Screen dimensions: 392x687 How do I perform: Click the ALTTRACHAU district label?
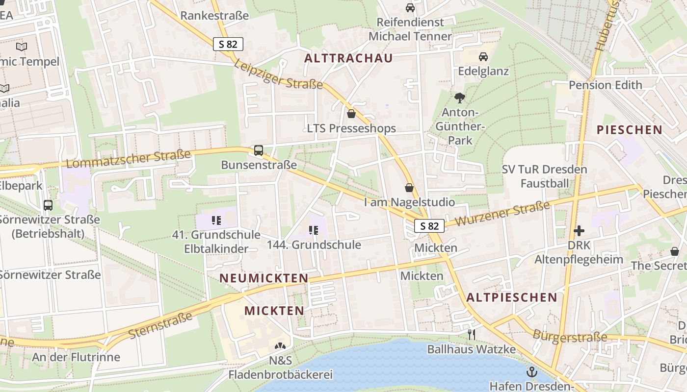click(x=348, y=58)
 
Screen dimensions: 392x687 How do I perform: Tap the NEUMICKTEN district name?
click(x=264, y=278)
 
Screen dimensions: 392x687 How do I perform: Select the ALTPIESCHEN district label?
click(x=512, y=297)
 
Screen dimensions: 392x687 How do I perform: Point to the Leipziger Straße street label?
click(x=278, y=74)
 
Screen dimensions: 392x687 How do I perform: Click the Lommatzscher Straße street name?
click(x=128, y=159)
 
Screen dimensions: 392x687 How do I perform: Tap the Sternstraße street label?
click(x=160, y=325)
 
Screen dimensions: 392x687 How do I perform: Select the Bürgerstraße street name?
click(x=570, y=337)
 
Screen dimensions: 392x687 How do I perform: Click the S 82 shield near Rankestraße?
click(x=228, y=44)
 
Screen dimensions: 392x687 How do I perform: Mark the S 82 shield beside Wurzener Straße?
click(x=429, y=226)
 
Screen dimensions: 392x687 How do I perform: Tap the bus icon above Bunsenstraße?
click(x=259, y=150)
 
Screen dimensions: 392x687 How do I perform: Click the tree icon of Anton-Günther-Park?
click(x=460, y=98)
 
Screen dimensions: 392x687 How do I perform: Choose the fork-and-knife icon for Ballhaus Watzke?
click(x=472, y=335)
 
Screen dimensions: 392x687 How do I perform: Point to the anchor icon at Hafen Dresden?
click(x=531, y=372)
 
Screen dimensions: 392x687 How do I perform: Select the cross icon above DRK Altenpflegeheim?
click(x=579, y=230)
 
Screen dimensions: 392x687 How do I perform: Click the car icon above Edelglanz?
click(x=483, y=57)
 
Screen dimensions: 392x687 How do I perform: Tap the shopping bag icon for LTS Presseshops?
click(x=351, y=114)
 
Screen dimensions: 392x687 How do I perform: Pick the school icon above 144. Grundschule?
click(x=314, y=230)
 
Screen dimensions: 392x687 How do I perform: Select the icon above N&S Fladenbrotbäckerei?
click(x=280, y=346)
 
